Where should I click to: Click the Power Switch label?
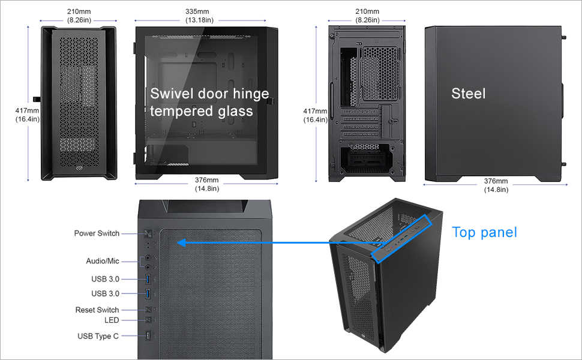tap(97, 233)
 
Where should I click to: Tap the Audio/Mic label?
tap(103, 261)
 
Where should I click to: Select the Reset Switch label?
tap(97, 310)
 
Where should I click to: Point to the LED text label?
tap(112, 320)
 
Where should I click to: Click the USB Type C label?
tap(98, 336)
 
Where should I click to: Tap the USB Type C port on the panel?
tap(148, 336)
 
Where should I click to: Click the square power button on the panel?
tap(148, 233)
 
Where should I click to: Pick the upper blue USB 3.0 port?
tap(148, 278)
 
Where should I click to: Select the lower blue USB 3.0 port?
tap(148, 293)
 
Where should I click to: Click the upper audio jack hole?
tap(148, 257)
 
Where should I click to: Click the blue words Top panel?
tap(484, 232)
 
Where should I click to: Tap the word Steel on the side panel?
tap(468, 94)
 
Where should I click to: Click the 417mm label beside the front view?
tap(27, 110)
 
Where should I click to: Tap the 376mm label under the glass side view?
tap(207, 181)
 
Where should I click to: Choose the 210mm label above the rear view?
tap(367, 11)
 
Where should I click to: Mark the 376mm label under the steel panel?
tap(496, 181)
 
